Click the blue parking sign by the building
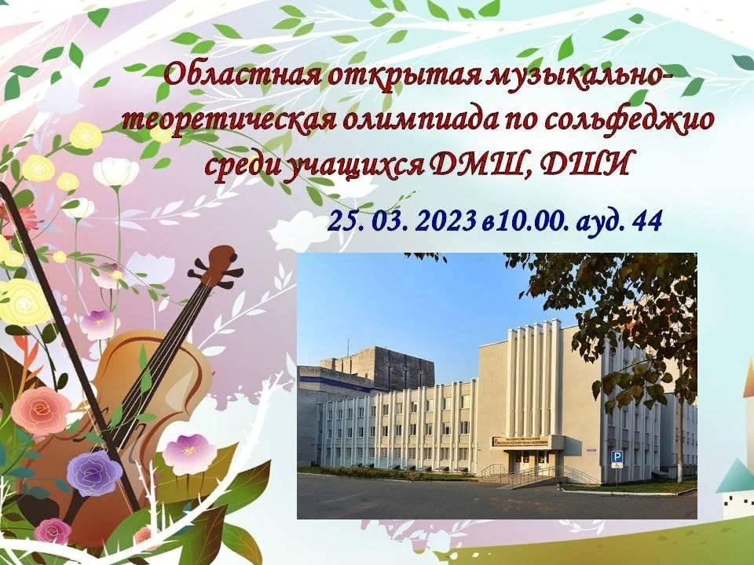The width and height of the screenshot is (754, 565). click(x=616, y=458)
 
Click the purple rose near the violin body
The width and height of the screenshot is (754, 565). click(x=95, y=472)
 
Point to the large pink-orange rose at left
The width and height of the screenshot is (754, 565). click(x=41, y=411)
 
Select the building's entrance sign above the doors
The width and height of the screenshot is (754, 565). click(x=519, y=441)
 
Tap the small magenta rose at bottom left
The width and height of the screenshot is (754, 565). click(x=53, y=531)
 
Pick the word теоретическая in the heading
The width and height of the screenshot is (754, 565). click(x=229, y=121)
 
